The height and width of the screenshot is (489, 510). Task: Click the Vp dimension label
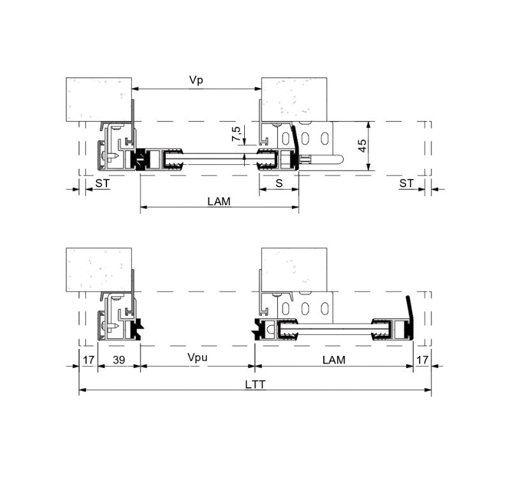(x=196, y=80)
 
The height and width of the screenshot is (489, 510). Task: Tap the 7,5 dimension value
(x=236, y=134)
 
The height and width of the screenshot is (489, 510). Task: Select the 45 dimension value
(x=361, y=146)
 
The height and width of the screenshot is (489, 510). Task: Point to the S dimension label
(x=279, y=183)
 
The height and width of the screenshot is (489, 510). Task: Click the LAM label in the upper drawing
(x=219, y=201)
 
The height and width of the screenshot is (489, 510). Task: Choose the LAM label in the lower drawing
(x=333, y=360)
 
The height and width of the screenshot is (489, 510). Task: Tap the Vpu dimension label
(x=198, y=358)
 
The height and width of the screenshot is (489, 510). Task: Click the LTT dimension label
(x=256, y=385)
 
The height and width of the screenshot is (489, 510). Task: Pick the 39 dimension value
(x=119, y=360)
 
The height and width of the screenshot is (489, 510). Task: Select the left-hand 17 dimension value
(x=89, y=360)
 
